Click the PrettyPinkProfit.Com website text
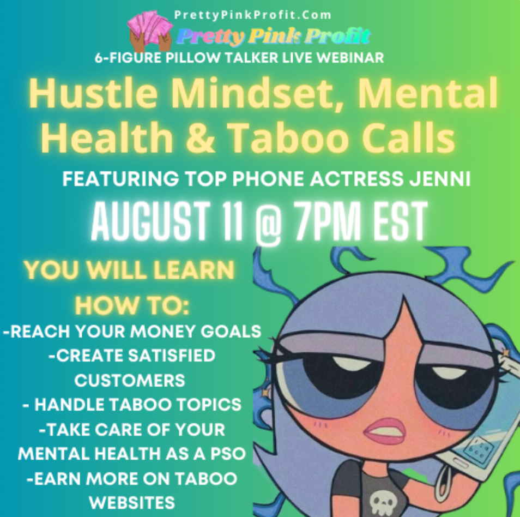click(x=252, y=15)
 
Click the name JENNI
click(x=440, y=179)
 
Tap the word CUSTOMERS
click(x=130, y=380)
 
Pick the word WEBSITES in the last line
click(x=132, y=503)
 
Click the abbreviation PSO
click(x=228, y=454)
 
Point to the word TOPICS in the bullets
click(x=209, y=405)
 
